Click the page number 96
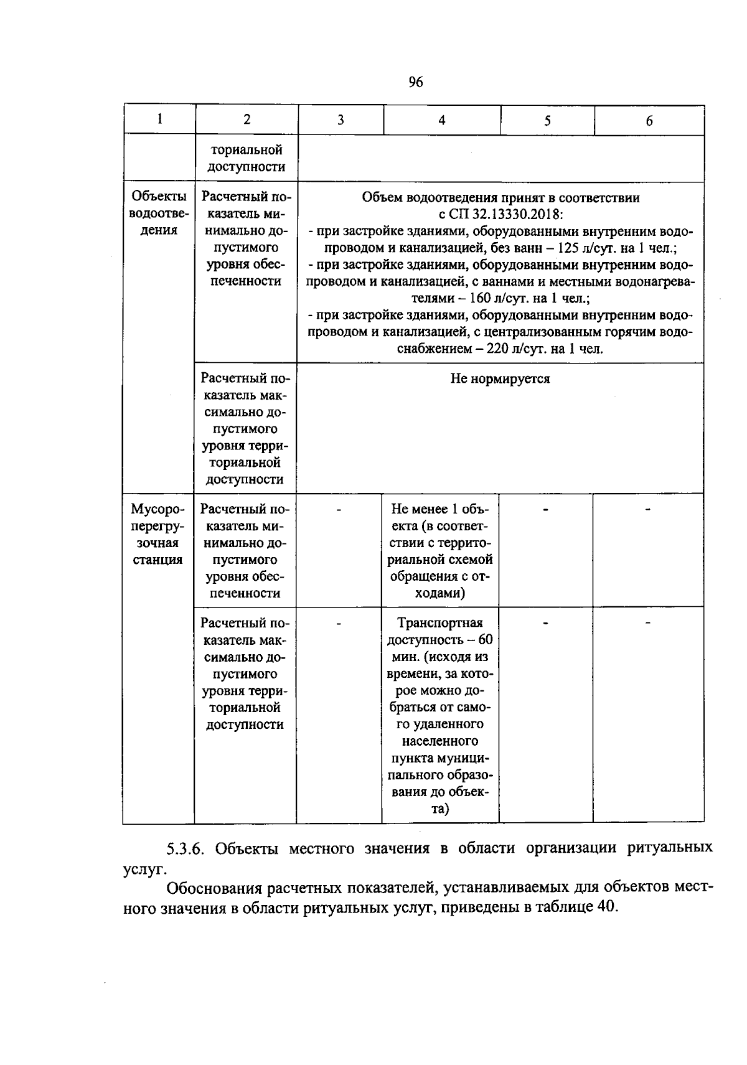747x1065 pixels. coord(416,82)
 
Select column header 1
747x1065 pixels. coord(160,120)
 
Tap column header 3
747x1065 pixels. coord(341,120)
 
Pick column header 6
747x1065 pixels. coord(649,121)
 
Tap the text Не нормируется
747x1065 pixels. coord(500,379)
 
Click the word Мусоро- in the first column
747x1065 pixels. coord(159,510)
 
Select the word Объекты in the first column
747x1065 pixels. coord(159,197)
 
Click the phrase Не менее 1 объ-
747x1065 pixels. coord(441,510)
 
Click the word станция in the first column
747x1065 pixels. coord(159,560)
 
